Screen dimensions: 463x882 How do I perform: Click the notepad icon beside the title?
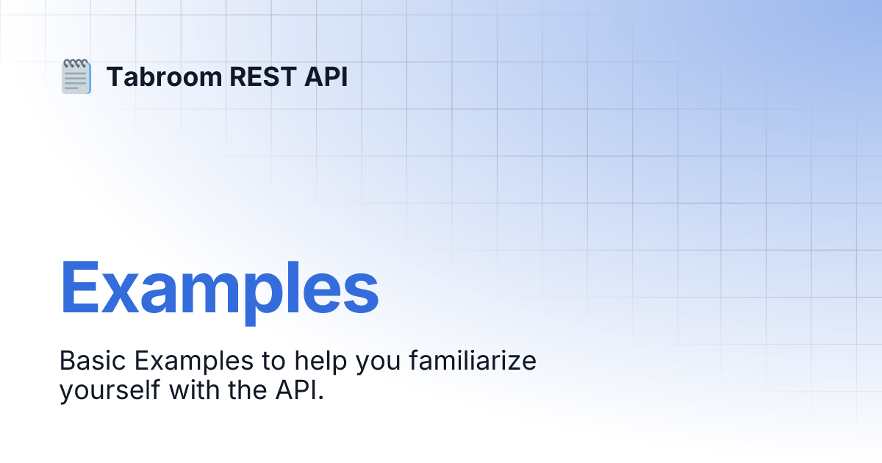76,77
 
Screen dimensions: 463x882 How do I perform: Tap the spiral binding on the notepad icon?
76,63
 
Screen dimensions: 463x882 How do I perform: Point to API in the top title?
326,77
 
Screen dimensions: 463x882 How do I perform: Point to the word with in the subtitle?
192,390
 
